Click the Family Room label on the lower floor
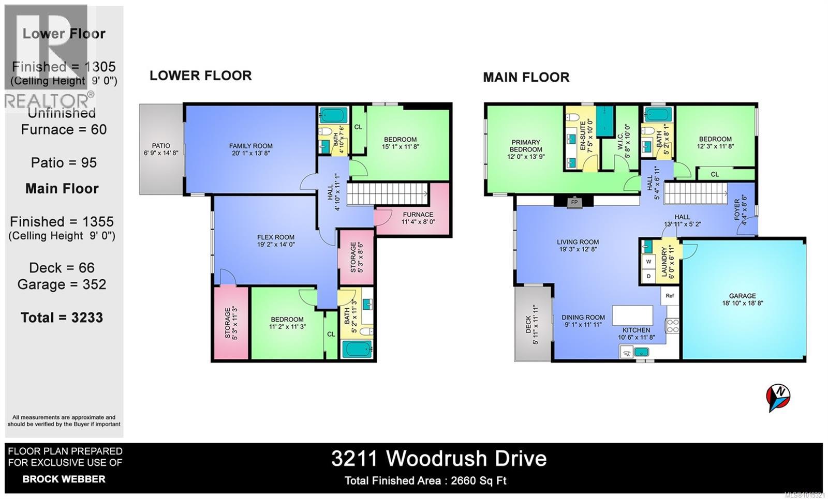[x=250, y=149]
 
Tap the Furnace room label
[x=418, y=218]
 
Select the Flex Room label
[x=276, y=241]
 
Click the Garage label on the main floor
[x=743, y=299]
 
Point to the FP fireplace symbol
[x=574, y=202]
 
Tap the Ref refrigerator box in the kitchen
[x=670, y=296]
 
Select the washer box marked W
[x=648, y=262]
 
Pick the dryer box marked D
[x=648, y=277]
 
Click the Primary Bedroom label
[x=526, y=149]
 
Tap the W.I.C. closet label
[x=627, y=141]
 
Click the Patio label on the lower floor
[x=161, y=149]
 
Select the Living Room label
[x=578, y=245]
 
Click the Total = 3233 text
[x=62, y=317]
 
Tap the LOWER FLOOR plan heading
[x=201, y=75]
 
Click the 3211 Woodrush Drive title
[x=439, y=459]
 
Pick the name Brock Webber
[x=64, y=479]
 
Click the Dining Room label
[x=583, y=321]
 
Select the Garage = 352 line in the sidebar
[x=62, y=284]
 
